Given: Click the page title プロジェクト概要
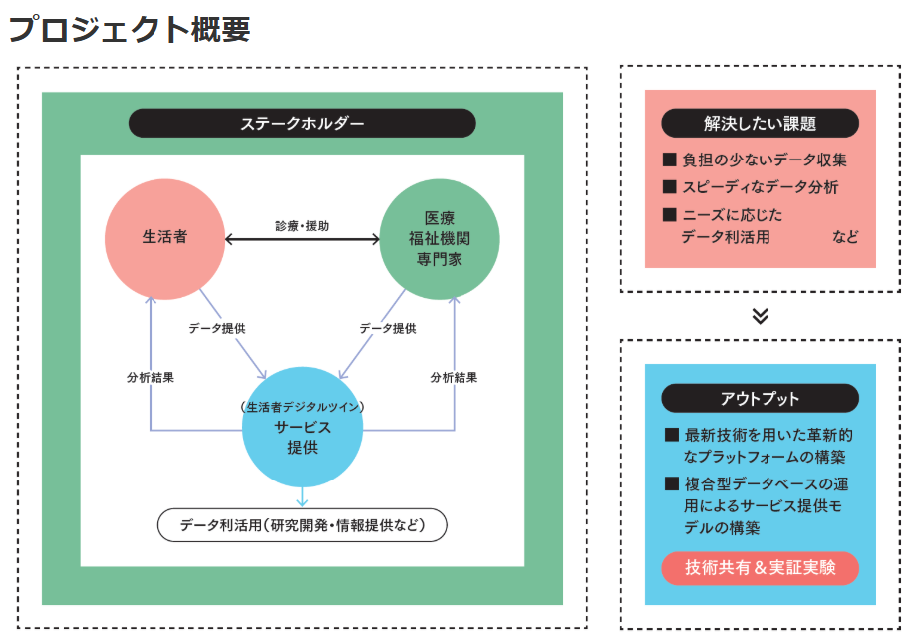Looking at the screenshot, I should (x=130, y=29).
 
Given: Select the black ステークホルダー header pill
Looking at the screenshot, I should (x=302, y=123).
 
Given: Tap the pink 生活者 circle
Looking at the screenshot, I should (x=164, y=238).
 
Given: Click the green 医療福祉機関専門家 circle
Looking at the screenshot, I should (x=440, y=238).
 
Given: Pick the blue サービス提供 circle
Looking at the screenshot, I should (x=302, y=427).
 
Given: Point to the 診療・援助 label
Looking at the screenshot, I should (x=302, y=226).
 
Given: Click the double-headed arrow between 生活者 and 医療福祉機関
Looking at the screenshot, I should (x=302, y=239).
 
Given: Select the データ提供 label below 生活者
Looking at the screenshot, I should (x=217, y=328).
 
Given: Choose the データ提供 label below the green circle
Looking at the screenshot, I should (x=387, y=328).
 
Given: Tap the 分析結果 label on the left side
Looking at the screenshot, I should (x=151, y=378).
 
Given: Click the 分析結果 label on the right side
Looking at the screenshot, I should (x=454, y=378).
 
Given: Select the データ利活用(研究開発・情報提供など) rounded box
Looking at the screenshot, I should (x=302, y=524).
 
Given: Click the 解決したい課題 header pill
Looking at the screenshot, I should (x=760, y=124).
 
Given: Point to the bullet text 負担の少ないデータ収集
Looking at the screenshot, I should (x=765, y=160).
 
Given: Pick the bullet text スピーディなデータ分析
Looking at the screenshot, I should (x=760, y=187).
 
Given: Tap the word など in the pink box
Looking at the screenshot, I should (x=845, y=237).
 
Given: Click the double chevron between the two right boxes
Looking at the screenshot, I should (x=760, y=316).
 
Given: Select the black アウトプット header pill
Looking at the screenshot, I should (x=760, y=398).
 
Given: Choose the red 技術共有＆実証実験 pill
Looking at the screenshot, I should (x=760, y=568).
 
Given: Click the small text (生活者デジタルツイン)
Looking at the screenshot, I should (x=302, y=406).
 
